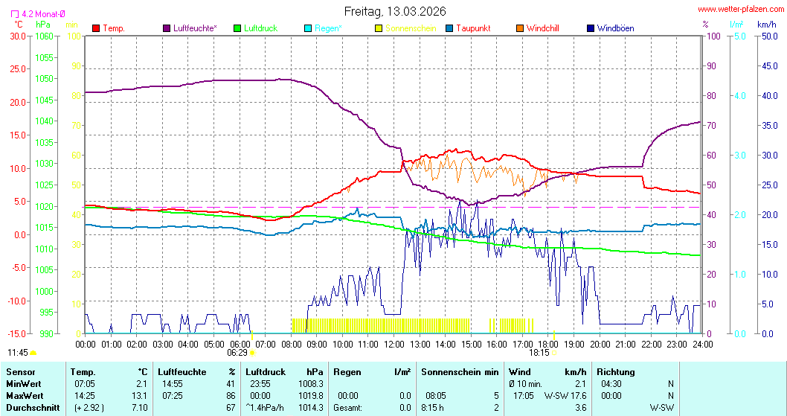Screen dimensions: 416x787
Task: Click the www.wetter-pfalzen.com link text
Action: click(x=740, y=9)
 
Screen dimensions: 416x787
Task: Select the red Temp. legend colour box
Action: click(x=96, y=28)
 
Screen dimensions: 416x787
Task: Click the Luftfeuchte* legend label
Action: click(x=196, y=28)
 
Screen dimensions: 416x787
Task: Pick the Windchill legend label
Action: click(x=542, y=28)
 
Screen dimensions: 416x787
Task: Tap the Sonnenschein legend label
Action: click(x=411, y=28)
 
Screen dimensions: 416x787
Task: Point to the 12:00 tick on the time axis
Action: click(x=394, y=344)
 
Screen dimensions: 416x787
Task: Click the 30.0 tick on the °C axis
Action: click(x=16, y=36)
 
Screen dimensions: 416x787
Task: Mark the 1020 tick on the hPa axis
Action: click(x=45, y=206)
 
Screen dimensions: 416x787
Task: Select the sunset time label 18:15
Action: click(x=539, y=353)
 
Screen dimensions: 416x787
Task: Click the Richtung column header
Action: click(x=615, y=371)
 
